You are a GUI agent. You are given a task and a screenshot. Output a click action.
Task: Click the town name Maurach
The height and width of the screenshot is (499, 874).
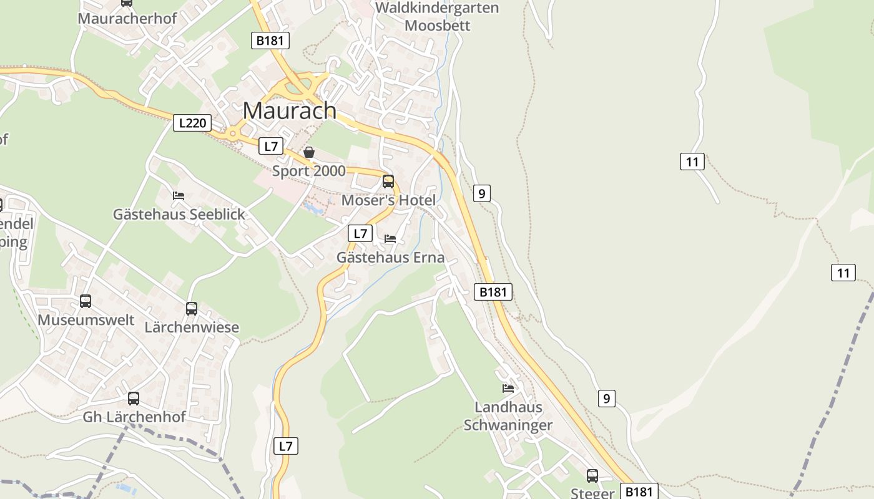[x=289, y=111]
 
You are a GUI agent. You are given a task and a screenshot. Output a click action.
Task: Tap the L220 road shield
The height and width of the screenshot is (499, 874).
[x=192, y=123]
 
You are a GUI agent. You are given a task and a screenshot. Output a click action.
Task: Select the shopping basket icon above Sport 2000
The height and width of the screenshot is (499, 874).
[x=308, y=152]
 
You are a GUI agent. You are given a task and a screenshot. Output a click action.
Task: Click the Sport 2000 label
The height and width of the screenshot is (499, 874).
[x=308, y=171]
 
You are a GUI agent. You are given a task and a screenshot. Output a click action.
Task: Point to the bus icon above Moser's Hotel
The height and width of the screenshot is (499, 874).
[x=388, y=182]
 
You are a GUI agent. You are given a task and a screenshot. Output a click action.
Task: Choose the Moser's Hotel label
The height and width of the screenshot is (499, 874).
[x=388, y=200]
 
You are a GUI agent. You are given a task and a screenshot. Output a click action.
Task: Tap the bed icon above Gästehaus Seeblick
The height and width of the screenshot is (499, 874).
[x=179, y=196]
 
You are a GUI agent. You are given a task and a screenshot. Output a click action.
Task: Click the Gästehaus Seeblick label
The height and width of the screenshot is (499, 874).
[x=179, y=215]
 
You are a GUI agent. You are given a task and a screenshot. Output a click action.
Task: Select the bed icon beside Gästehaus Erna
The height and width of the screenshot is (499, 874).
[x=390, y=239]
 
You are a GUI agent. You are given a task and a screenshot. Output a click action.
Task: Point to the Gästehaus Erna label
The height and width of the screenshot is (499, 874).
[x=390, y=257]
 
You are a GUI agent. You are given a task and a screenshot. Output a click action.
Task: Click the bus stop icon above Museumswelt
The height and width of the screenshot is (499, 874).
[x=86, y=301]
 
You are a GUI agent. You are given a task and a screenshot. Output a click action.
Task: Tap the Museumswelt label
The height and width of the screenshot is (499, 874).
[x=86, y=320]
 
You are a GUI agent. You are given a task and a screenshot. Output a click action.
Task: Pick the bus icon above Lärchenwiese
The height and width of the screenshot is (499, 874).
[x=192, y=309]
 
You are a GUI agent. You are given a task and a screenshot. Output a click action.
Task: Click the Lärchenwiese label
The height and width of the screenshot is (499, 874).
[x=192, y=327]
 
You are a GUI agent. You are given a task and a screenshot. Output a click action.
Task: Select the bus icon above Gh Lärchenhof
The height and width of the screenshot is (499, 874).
[x=134, y=399]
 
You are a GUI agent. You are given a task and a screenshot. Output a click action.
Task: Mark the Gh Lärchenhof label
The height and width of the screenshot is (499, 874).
[x=134, y=417]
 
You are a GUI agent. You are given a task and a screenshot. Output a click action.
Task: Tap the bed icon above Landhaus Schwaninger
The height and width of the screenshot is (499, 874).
[x=508, y=389]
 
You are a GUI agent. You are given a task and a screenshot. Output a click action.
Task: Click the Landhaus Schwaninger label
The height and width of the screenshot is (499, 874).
[x=508, y=416]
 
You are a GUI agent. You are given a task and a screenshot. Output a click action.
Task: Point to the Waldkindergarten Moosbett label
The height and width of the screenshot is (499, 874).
[x=437, y=17]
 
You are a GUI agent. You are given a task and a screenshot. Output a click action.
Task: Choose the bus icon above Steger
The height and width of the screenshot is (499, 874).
[x=592, y=476]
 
